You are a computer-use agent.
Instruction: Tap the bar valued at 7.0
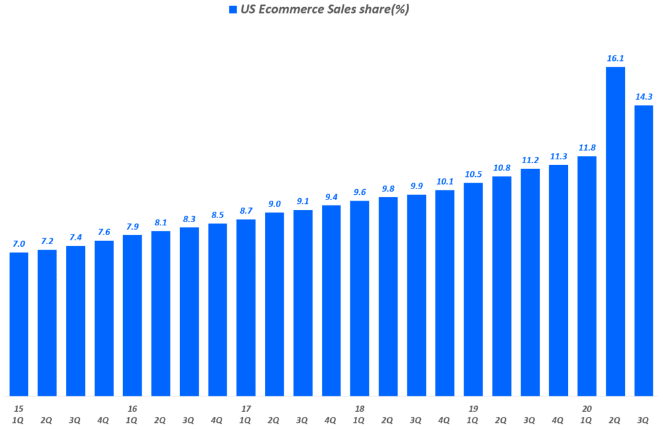19,324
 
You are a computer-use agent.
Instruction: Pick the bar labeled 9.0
275,304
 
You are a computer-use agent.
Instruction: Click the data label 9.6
359,192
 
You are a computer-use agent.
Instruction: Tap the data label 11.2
530,161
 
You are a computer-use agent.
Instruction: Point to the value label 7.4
76,238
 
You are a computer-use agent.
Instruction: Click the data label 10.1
445,182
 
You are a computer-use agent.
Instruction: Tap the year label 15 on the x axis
19,409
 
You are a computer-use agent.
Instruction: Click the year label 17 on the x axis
246,409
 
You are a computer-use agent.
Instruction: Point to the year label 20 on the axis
587,409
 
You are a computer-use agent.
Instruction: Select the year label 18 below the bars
359,409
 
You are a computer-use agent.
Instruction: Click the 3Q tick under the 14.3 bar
644,420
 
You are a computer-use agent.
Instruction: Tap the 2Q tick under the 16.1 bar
615,420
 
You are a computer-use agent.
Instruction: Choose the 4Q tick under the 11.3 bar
558,420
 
